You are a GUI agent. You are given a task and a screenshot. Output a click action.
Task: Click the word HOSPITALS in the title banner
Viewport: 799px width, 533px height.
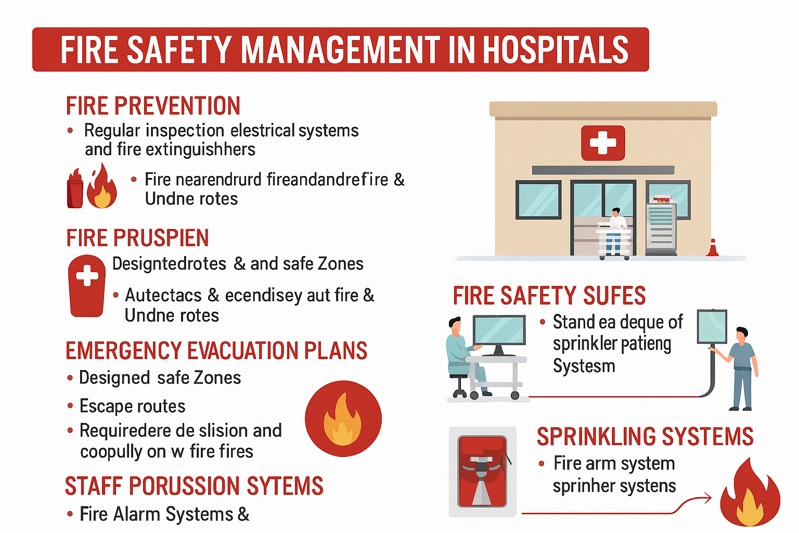click(556, 49)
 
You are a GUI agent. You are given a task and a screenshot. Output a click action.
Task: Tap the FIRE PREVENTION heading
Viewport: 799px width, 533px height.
click(153, 106)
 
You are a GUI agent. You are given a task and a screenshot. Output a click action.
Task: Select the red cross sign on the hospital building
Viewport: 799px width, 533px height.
click(603, 143)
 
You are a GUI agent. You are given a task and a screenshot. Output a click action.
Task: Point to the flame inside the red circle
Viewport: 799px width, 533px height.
click(342, 419)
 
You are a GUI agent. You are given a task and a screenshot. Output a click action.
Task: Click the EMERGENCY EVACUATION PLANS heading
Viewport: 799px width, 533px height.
click(216, 350)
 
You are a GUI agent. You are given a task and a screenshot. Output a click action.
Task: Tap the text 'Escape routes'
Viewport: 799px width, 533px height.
click(132, 406)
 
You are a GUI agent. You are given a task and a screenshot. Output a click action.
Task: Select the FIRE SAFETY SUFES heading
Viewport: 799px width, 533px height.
click(549, 296)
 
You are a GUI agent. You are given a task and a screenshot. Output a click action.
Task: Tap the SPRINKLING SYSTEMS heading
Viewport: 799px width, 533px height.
click(645, 436)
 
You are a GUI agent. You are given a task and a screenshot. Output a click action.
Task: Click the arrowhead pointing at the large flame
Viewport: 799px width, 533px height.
click(706, 498)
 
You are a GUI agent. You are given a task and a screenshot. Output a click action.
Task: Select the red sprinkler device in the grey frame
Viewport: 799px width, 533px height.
click(482, 471)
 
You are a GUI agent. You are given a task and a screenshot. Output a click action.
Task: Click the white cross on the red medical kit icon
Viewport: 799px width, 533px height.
click(87, 275)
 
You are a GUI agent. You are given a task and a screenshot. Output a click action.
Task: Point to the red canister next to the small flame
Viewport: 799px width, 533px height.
click(75, 188)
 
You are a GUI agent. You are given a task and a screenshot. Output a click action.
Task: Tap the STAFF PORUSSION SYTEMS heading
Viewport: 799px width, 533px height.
click(194, 486)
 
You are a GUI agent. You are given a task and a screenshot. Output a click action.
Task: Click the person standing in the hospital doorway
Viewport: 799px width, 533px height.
click(614, 231)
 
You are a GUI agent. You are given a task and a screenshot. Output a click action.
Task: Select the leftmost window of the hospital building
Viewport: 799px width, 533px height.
click(538, 200)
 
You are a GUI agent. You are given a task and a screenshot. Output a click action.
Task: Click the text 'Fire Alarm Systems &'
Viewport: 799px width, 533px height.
click(164, 514)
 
